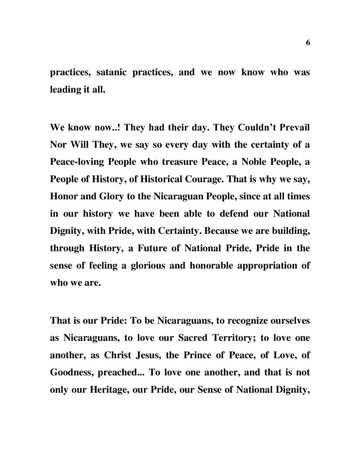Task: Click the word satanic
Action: click(112, 72)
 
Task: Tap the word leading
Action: click(65, 93)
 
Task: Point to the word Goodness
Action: click(70, 373)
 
